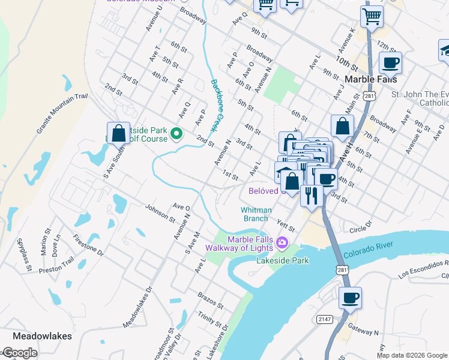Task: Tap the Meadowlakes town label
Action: pos(42,336)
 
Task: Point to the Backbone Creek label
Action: pos(213,106)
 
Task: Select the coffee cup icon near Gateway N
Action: pos(350,297)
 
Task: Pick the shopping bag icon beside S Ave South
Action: pos(119,133)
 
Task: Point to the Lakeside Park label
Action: pos(282,260)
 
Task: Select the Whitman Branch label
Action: pos(256,214)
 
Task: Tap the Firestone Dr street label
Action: pos(88,242)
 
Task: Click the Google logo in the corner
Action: pos(19,353)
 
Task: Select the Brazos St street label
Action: pos(211,300)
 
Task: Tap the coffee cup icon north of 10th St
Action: pos(390,62)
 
